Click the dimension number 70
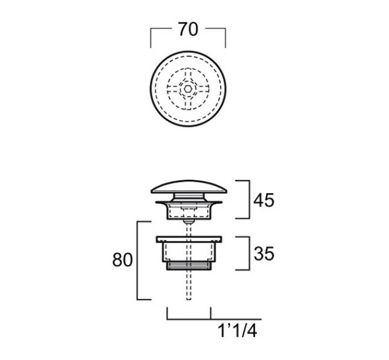pyautogui.click(x=188, y=30)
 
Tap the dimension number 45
pyautogui.click(x=264, y=200)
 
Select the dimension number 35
pyautogui.click(x=264, y=254)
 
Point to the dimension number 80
pyautogui.click(x=122, y=260)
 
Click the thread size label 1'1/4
pyautogui.click(x=237, y=331)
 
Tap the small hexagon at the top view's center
pyautogui.click(x=188, y=89)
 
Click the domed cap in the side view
pyautogui.click(x=189, y=187)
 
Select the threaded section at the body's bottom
pyautogui.click(x=189, y=266)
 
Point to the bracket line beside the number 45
pyautogui.click(x=249, y=199)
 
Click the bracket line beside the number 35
pyautogui.click(x=249, y=253)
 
